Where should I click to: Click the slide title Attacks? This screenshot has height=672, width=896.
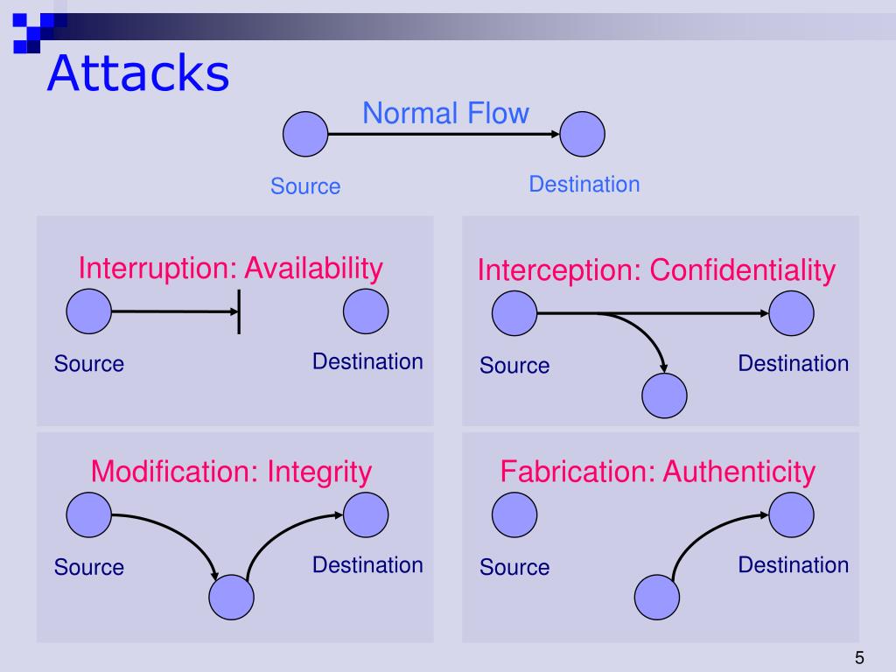click(x=138, y=73)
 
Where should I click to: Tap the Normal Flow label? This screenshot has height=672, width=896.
click(x=445, y=113)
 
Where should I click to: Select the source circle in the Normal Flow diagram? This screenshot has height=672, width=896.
click(x=305, y=135)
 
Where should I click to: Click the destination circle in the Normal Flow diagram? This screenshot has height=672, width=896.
click(x=583, y=135)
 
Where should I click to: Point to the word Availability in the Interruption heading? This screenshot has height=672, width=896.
click(x=313, y=268)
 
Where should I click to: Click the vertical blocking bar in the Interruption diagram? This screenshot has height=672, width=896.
click(x=239, y=311)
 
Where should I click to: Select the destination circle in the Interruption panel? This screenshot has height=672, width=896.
click(x=366, y=311)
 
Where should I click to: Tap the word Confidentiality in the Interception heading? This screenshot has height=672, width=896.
click(x=742, y=270)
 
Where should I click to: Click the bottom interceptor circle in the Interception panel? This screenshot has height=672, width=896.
click(x=665, y=396)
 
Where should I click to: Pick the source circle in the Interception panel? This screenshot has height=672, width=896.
click(x=514, y=313)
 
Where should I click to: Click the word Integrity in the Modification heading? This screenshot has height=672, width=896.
click(x=319, y=472)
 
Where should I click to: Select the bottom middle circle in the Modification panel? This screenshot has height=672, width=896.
click(x=231, y=598)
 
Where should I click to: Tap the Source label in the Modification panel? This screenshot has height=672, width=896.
click(x=89, y=567)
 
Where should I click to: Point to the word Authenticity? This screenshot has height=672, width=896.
click(x=738, y=472)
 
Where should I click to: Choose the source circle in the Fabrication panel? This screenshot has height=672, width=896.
click(x=514, y=515)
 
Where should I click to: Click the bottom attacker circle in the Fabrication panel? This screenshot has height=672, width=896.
click(x=657, y=598)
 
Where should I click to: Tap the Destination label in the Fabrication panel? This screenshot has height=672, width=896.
click(x=793, y=564)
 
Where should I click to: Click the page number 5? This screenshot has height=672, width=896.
click(x=859, y=658)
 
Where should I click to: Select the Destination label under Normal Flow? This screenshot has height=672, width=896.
click(x=584, y=185)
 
